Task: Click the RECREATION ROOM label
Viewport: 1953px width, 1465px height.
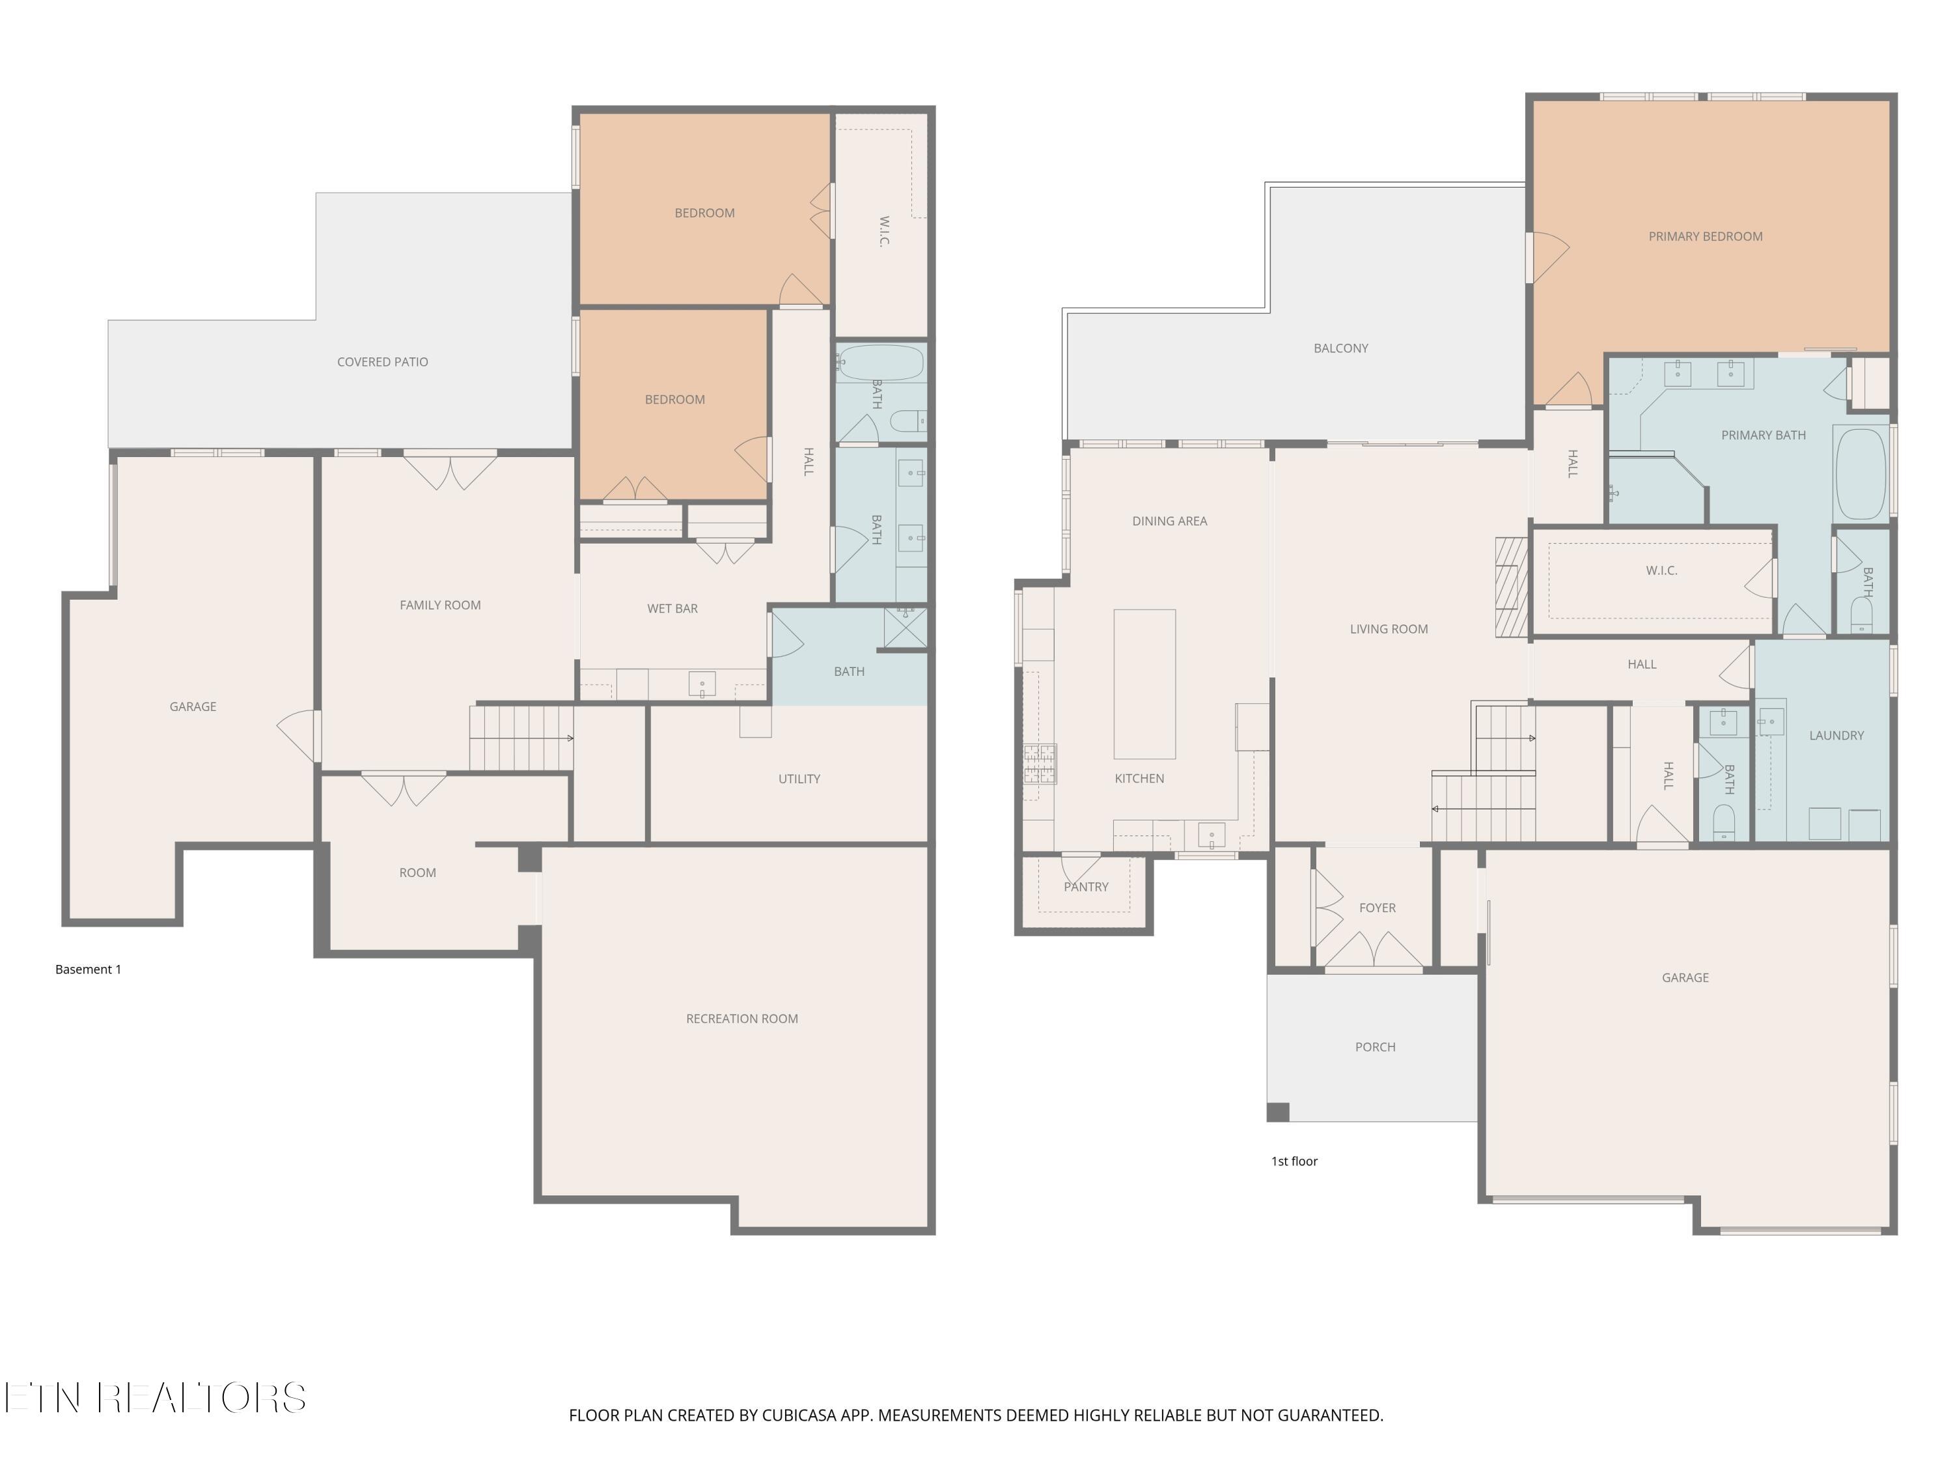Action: pyautogui.click(x=741, y=1018)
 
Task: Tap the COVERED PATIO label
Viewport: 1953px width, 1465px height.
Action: pyautogui.click(x=382, y=361)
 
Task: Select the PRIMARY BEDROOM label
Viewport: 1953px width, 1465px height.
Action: pyautogui.click(x=1705, y=236)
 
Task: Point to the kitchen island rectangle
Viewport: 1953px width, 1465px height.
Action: pyautogui.click(x=1144, y=684)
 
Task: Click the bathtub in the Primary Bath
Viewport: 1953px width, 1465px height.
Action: pyautogui.click(x=1861, y=474)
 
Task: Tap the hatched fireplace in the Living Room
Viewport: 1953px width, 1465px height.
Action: pyautogui.click(x=1511, y=587)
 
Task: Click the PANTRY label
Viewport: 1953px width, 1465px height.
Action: pyautogui.click(x=1085, y=887)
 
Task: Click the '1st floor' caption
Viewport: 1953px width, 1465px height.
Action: pyautogui.click(x=1294, y=1161)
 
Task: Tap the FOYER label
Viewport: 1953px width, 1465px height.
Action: pyautogui.click(x=1376, y=908)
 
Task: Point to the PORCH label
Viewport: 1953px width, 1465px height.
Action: pyautogui.click(x=1375, y=1046)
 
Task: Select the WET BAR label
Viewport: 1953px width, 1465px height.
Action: pyautogui.click(x=672, y=608)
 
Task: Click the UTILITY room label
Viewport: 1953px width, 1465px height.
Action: pyautogui.click(x=798, y=778)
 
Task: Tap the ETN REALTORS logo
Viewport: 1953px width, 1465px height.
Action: pyautogui.click(x=156, y=1398)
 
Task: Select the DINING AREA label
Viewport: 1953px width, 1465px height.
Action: pyautogui.click(x=1169, y=521)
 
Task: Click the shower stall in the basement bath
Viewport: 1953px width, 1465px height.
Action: pyautogui.click(x=905, y=628)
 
